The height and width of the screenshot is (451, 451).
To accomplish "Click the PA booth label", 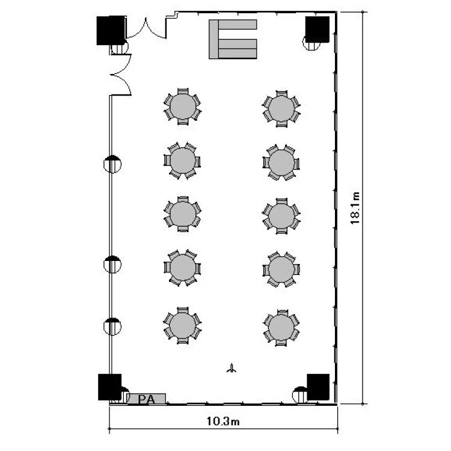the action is click(x=146, y=399).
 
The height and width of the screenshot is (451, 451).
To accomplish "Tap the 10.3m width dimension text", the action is click(x=223, y=422).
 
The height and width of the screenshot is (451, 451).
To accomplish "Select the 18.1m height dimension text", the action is click(x=355, y=208).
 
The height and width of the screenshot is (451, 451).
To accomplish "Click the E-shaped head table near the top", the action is click(x=233, y=39).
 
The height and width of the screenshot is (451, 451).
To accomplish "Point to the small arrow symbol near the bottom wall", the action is click(x=232, y=368).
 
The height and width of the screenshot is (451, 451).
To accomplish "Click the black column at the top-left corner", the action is click(x=111, y=31).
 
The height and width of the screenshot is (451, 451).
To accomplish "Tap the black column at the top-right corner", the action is click(x=318, y=29).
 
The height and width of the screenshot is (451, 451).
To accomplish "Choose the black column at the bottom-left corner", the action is click(x=109, y=387).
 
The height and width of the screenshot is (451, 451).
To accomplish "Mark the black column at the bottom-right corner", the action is click(x=318, y=387).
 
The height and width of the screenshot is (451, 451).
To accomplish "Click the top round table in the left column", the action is click(x=183, y=106).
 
